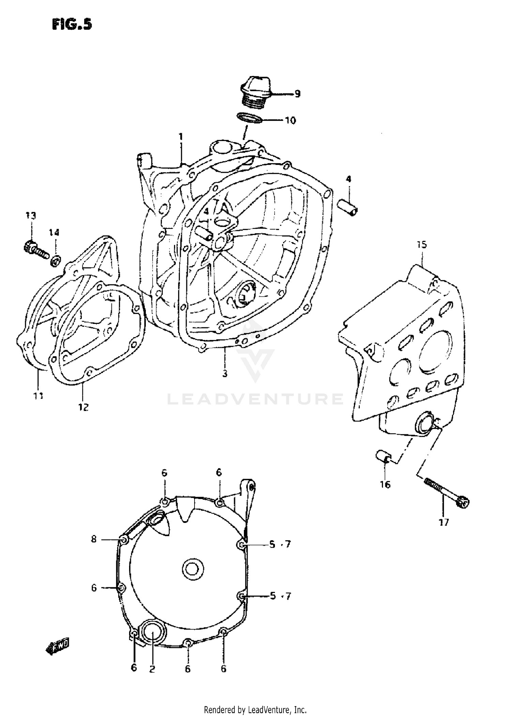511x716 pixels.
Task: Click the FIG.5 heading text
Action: [72, 25]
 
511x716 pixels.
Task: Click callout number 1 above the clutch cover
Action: [181, 137]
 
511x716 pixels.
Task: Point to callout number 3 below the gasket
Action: [225, 374]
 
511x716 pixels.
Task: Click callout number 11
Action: [38, 396]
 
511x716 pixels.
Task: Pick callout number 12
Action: [83, 407]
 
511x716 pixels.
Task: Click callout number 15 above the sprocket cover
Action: [422, 245]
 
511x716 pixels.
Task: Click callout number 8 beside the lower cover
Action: [94, 539]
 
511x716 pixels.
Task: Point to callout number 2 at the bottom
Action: [152, 669]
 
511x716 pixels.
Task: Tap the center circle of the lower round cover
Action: [193, 569]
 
